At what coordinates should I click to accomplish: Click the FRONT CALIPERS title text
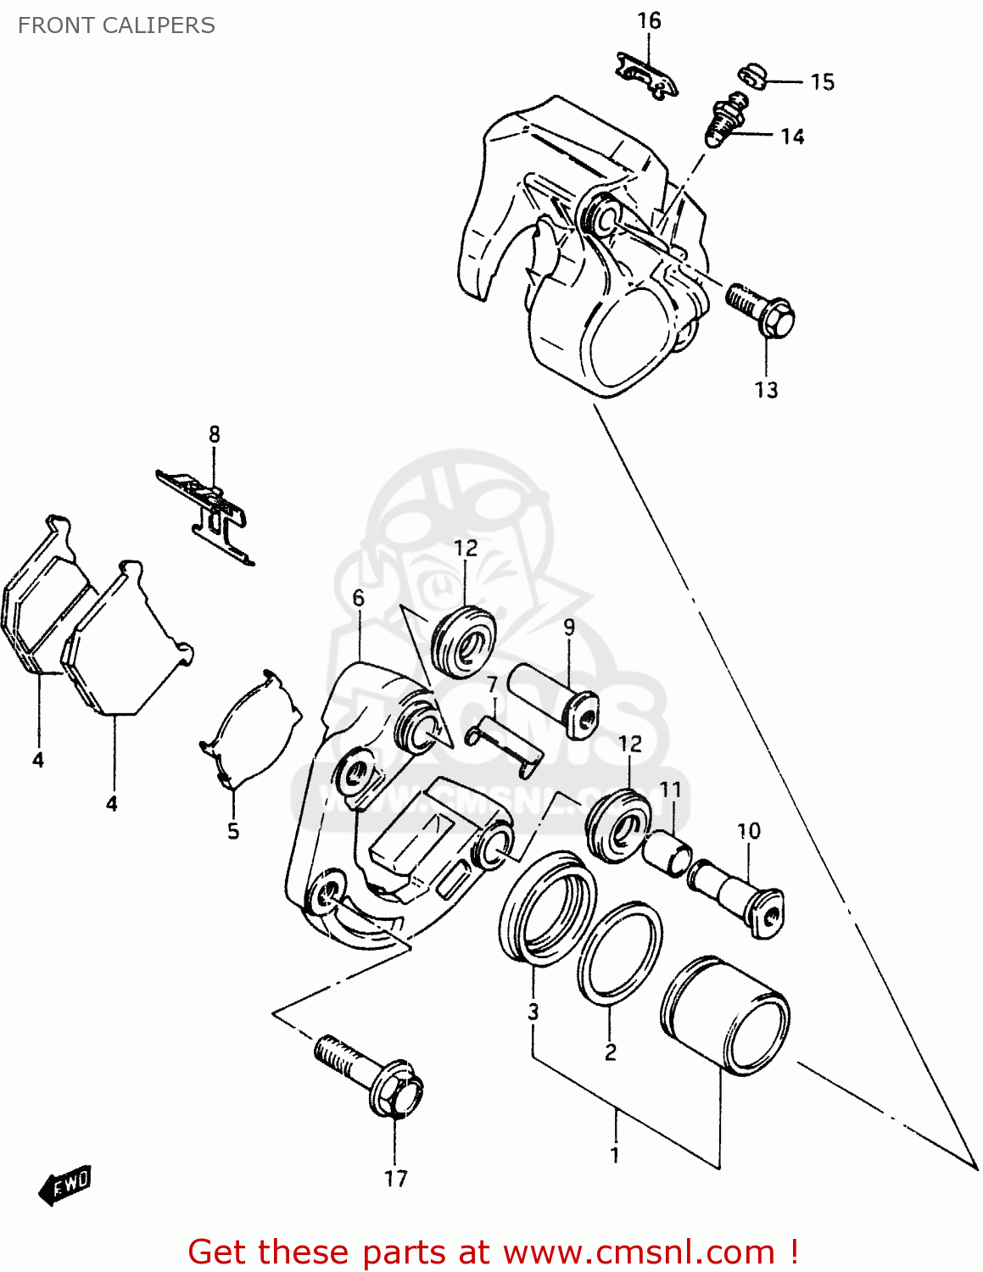click(116, 25)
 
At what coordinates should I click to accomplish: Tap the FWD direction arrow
click(65, 1184)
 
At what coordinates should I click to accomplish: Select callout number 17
click(395, 1178)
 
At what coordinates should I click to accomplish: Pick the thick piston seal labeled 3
click(547, 909)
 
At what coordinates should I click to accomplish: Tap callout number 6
click(358, 598)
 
